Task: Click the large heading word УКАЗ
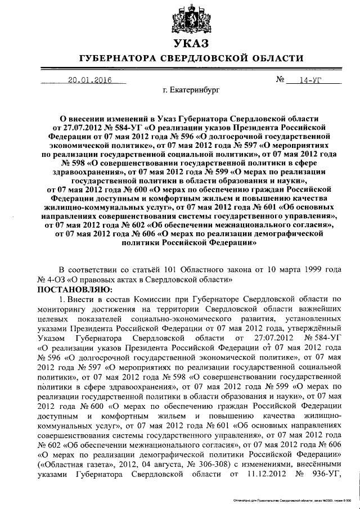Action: tap(190, 44)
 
